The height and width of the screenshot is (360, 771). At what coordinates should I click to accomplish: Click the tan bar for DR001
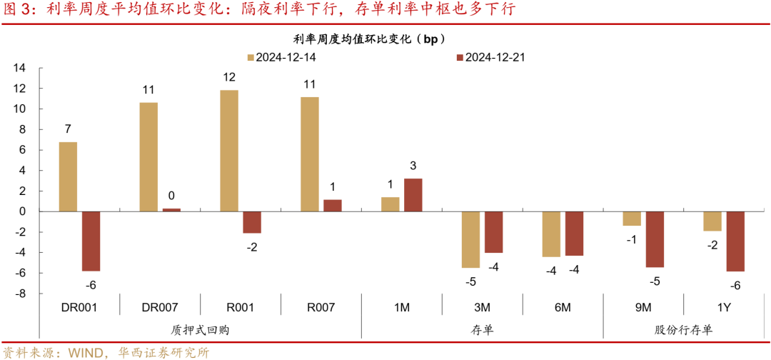(x=68, y=176)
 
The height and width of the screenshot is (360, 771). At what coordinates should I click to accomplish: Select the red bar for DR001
(x=91, y=241)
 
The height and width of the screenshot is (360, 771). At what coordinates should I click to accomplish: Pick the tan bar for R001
(x=229, y=151)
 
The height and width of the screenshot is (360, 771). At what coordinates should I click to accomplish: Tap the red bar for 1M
(x=413, y=195)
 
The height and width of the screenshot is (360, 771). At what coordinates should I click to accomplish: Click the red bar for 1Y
(x=736, y=241)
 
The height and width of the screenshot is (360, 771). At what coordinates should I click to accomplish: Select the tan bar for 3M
(x=470, y=239)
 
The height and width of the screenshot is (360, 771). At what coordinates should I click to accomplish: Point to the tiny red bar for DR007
(x=171, y=210)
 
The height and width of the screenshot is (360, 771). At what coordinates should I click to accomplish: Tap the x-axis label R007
(x=321, y=308)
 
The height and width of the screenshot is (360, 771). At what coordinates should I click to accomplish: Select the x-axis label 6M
(x=563, y=308)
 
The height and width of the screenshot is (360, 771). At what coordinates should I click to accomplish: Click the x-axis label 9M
(x=643, y=308)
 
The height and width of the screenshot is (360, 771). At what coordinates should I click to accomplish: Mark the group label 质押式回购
(x=201, y=329)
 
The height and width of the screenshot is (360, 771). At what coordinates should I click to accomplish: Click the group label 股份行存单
(x=683, y=329)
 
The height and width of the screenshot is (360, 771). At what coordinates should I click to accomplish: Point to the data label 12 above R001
(x=229, y=77)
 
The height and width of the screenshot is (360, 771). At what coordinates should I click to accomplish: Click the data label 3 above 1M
(x=413, y=166)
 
